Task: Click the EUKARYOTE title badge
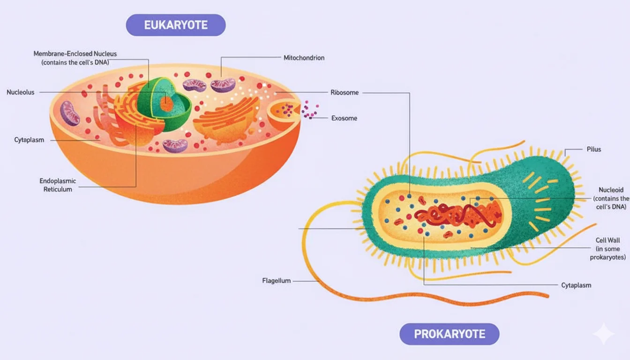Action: point(176,25)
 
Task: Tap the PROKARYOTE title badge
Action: point(449,334)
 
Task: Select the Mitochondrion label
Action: point(304,58)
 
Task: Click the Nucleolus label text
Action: point(21,92)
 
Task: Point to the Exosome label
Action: point(344,118)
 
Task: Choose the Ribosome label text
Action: point(345,92)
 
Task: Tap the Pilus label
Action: point(593,149)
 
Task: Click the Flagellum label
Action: point(277,281)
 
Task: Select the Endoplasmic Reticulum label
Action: point(58,185)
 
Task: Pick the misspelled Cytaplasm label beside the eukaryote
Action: point(29,140)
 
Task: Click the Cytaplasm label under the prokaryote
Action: point(576,285)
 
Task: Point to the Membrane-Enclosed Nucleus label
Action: point(75,58)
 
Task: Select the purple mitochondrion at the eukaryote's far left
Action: point(70,113)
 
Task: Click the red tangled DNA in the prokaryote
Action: point(457,216)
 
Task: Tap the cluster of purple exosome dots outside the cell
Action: point(310,110)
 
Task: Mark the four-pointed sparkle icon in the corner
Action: point(603,334)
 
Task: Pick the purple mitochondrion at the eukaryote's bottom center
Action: point(175,145)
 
